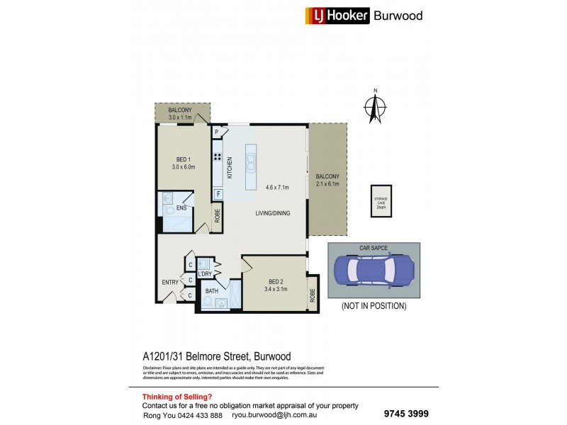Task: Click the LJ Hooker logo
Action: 337,16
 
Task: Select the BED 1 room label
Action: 183,159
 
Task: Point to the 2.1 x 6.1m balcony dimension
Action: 327,184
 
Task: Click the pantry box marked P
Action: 217,131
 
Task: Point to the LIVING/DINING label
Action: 272,212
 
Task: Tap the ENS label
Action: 181,208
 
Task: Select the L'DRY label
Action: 206,273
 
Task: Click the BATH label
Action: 211,291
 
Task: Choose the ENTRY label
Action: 170,283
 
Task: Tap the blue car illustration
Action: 373,270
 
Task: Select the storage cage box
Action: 381,201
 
